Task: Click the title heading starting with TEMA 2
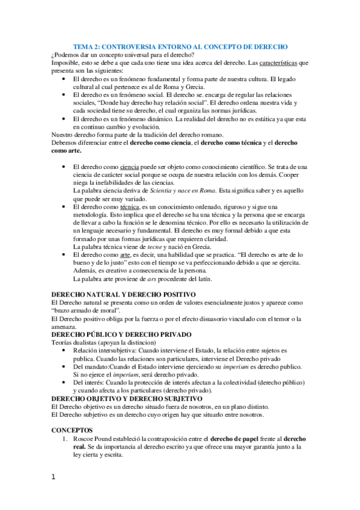180,46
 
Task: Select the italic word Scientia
151,189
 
